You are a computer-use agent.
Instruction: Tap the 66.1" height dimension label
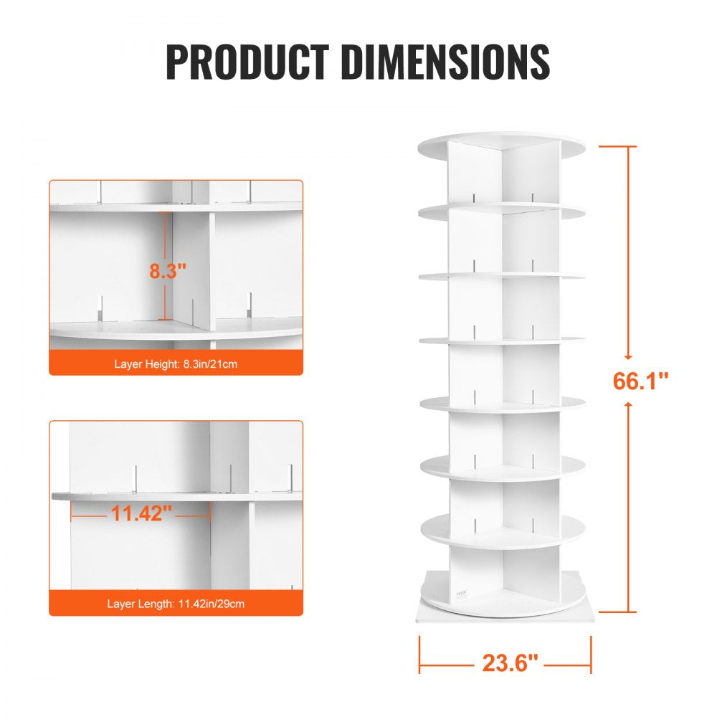(x=640, y=381)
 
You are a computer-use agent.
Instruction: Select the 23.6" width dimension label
(x=510, y=663)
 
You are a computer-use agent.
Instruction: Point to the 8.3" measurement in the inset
(x=167, y=271)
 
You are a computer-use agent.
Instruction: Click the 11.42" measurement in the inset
(x=141, y=513)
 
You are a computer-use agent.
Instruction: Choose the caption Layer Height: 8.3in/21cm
(x=176, y=364)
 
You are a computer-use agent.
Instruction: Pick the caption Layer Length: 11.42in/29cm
(x=176, y=604)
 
